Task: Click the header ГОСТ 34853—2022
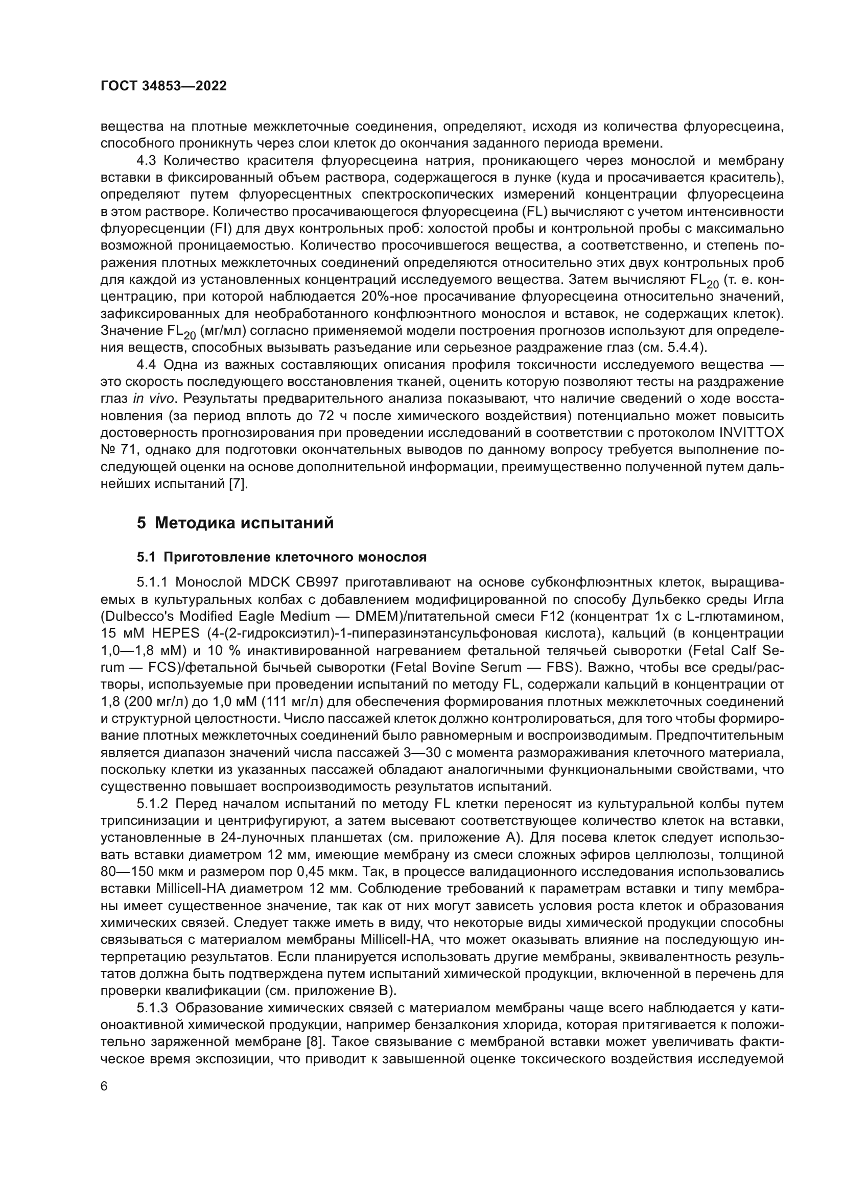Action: [x=163, y=86]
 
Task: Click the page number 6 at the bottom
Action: [x=104, y=1086]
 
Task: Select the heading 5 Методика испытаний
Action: [x=235, y=523]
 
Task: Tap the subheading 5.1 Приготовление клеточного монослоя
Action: [x=281, y=557]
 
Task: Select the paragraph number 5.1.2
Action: [x=152, y=804]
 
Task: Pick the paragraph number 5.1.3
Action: [x=152, y=1008]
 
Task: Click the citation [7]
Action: [x=239, y=484]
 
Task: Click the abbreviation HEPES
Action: [x=176, y=633]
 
